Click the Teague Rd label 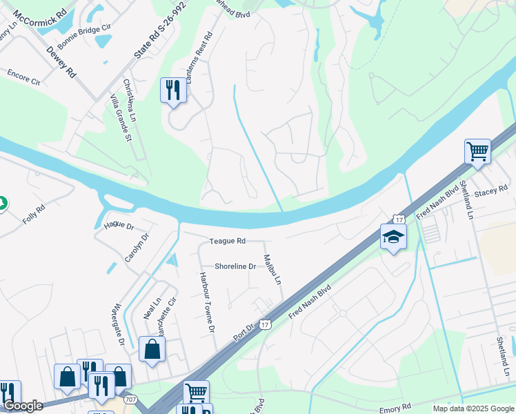(x=227, y=241)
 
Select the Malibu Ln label (x=272, y=270)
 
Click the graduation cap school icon (x=393, y=237)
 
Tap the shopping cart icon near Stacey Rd (x=477, y=150)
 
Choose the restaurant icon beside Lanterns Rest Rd (x=173, y=90)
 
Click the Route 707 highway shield (x=129, y=400)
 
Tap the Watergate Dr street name (x=118, y=324)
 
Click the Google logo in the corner (x=23, y=406)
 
